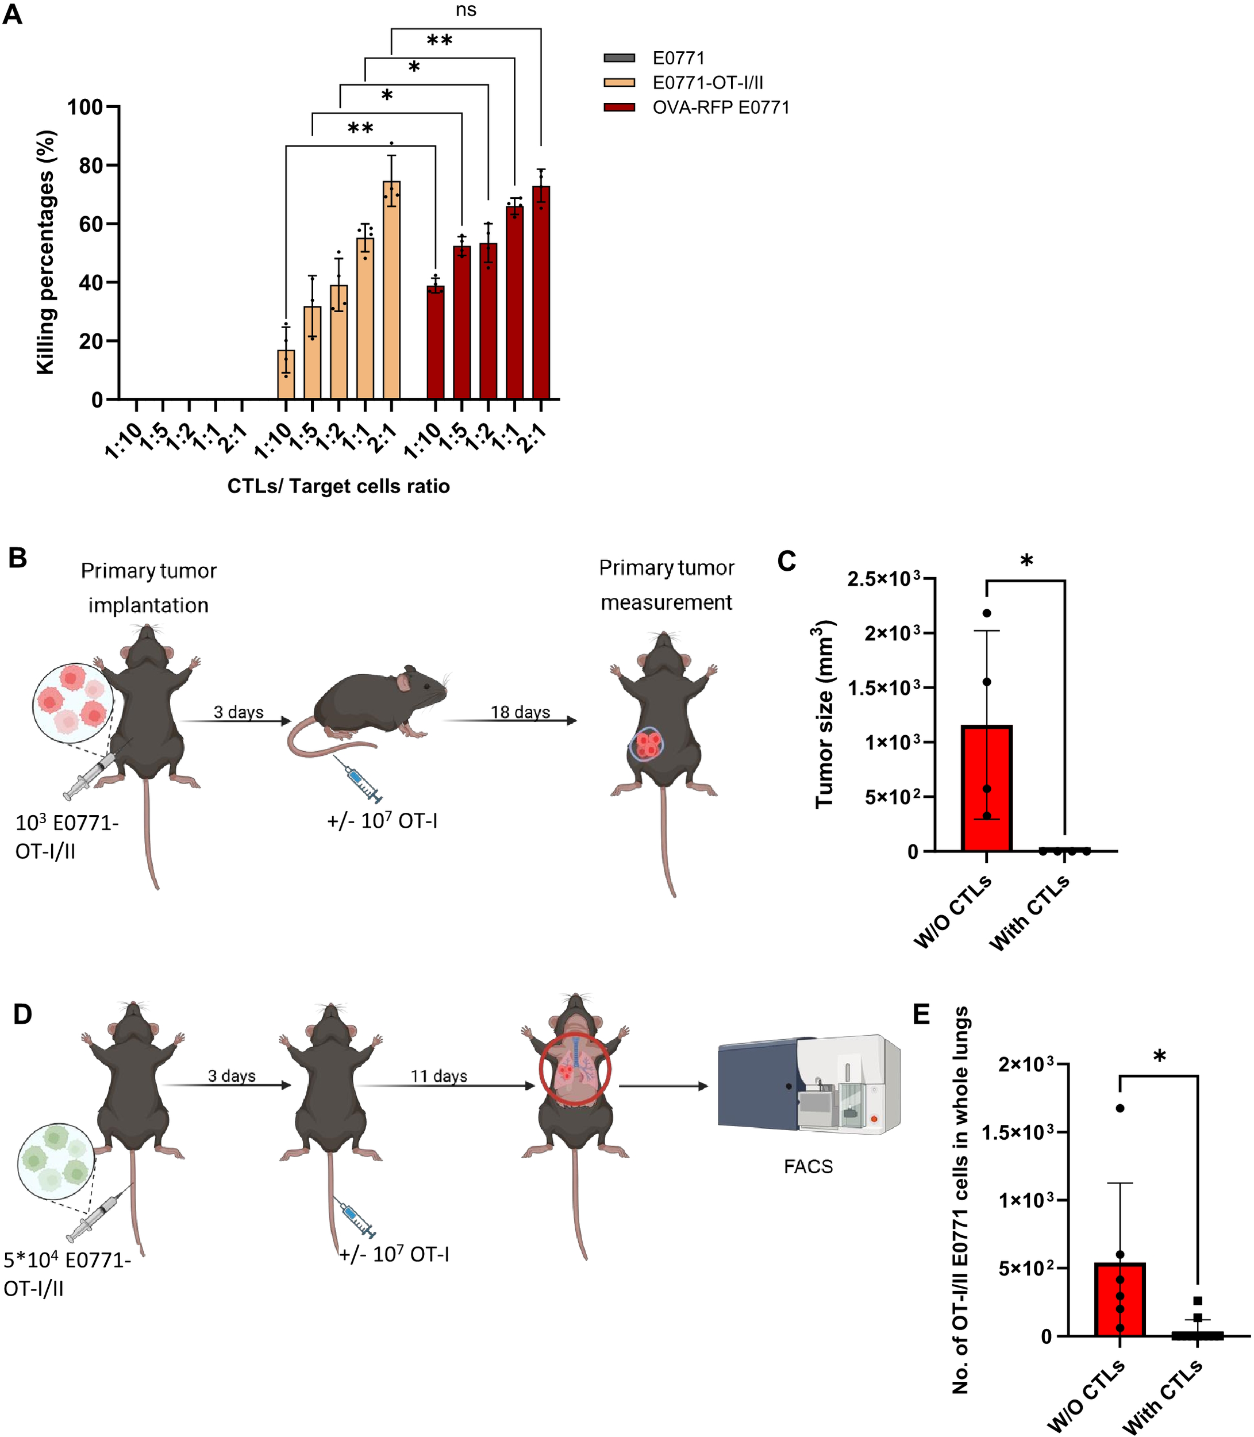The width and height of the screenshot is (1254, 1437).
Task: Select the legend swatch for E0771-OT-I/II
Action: tap(620, 83)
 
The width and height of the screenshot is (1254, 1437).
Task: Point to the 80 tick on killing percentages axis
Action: tap(90, 166)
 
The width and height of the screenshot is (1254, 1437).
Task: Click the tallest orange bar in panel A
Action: tap(391, 290)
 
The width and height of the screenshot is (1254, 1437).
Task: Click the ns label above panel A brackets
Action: tap(466, 10)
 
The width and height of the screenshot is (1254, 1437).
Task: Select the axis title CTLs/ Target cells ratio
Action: tap(338, 486)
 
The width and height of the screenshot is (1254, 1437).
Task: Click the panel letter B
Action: tap(17, 558)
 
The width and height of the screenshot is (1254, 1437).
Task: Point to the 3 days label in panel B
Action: tap(239, 712)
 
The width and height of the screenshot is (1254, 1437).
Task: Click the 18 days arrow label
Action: tap(520, 712)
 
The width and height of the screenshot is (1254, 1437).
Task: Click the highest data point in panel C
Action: tap(987, 613)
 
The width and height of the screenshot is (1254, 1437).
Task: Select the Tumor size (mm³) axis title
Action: tap(825, 714)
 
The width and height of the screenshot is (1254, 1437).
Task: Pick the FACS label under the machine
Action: tap(808, 1167)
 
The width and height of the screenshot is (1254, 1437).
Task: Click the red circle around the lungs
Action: tap(575, 1070)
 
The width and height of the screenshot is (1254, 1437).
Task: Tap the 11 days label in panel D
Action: tap(438, 1076)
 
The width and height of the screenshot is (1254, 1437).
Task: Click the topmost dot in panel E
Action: tap(1120, 1108)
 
